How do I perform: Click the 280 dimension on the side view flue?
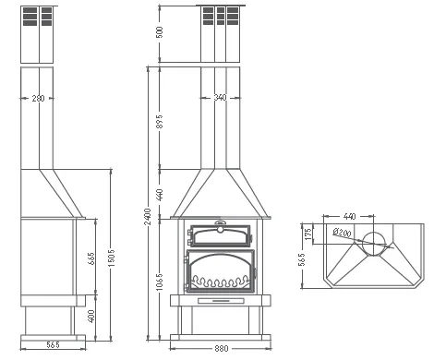click(x=38, y=99)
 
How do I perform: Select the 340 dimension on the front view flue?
click(x=220, y=98)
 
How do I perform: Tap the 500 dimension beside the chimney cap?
click(x=160, y=32)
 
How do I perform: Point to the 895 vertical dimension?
click(x=159, y=121)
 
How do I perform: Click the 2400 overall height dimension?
click(x=148, y=216)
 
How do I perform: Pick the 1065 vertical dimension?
click(x=160, y=282)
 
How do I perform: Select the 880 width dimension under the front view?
click(x=222, y=348)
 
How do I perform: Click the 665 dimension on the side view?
click(x=91, y=258)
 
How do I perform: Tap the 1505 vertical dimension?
click(x=111, y=258)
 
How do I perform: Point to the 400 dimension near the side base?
click(x=91, y=316)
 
